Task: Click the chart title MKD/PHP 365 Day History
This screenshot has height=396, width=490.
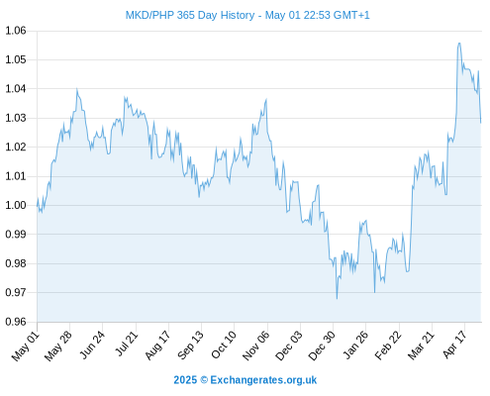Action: point(190,15)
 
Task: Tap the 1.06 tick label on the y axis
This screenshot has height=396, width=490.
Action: point(16,31)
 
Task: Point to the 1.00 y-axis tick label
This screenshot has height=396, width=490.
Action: point(16,205)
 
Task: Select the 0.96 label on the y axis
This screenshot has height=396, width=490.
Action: point(16,322)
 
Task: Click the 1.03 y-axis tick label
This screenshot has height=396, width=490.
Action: point(16,118)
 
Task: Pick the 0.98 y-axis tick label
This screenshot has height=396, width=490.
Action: point(16,263)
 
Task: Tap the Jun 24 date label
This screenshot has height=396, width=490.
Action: point(93,345)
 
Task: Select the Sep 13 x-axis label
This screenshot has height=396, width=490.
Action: point(191,346)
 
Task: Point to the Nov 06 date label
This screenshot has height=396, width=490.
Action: point(256,346)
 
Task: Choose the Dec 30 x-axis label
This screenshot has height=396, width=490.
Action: point(322,346)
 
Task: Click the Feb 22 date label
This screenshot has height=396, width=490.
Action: point(388,346)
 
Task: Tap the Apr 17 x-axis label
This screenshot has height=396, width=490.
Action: point(455,345)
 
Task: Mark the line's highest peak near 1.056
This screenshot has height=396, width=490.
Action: point(459,43)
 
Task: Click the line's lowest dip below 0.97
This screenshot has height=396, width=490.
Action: point(337,299)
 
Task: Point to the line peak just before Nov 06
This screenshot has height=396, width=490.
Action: point(266,99)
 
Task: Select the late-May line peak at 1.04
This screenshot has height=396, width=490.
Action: point(77,88)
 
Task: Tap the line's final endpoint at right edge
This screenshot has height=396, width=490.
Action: point(481,123)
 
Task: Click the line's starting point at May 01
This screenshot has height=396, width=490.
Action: point(38,206)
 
